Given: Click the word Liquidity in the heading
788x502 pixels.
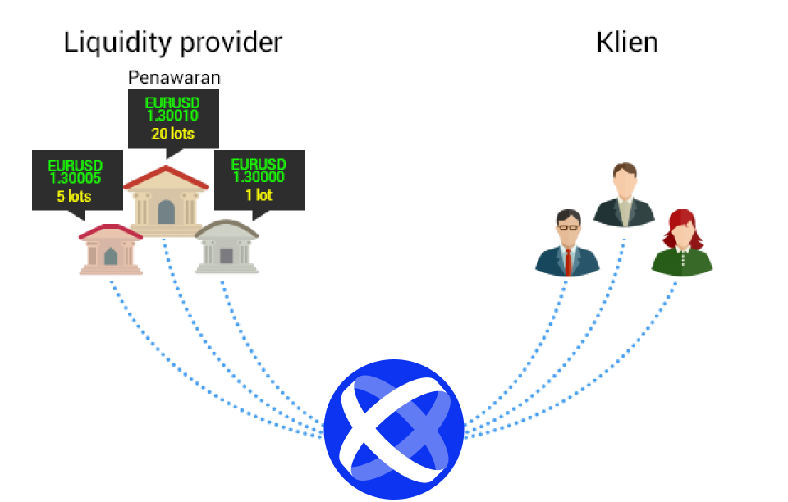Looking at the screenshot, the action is point(117,43).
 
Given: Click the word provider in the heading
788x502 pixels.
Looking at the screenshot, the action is point(231,43).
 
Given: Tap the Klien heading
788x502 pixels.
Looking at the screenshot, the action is point(626,42).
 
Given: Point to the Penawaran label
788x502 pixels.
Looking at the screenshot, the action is point(174,77).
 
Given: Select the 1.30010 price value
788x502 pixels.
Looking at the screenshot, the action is point(172,116).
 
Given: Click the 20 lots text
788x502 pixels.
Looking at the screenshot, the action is point(173,134).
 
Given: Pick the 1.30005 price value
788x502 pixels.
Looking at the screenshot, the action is point(76,178).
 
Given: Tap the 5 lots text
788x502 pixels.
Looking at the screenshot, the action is point(74,196).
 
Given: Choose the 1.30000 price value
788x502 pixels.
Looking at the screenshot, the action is point(259,176).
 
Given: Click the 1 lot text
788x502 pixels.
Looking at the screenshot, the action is point(259,194).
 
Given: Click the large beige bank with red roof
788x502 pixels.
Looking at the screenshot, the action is point(166,201).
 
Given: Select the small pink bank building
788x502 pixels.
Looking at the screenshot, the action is point(111,249).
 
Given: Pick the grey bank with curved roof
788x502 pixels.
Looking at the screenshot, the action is point(227,246).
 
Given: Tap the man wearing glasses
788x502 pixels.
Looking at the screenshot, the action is point(568,243).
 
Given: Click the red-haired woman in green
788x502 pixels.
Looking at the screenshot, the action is point(682,243).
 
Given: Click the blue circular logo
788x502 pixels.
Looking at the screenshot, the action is point(394,429).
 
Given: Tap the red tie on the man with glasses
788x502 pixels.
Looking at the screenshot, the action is point(568,262).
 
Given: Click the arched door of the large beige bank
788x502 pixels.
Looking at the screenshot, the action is point(166,212).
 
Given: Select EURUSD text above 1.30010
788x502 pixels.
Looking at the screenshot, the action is point(172,103).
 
